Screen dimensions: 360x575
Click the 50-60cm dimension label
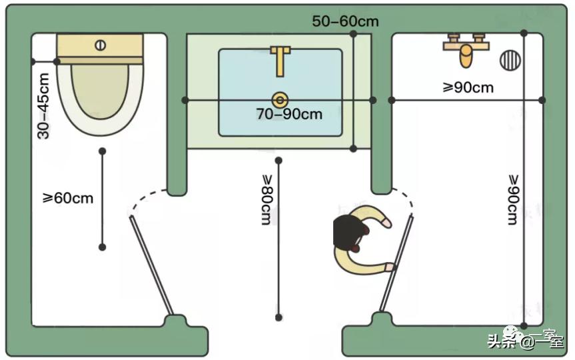click(345, 21)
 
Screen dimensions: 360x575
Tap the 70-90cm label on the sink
click(289, 114)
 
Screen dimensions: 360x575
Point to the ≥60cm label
click(68, 198)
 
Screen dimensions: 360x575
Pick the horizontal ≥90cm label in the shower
click(468, 87)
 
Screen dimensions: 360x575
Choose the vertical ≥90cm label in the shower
click(513, 199)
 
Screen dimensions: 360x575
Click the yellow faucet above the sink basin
click(281, 59)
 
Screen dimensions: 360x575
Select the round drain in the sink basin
click(281, 100)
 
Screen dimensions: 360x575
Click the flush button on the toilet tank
click(101, 46)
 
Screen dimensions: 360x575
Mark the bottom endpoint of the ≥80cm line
click(279, 317)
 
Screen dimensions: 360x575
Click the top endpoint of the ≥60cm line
click(102, 152)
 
